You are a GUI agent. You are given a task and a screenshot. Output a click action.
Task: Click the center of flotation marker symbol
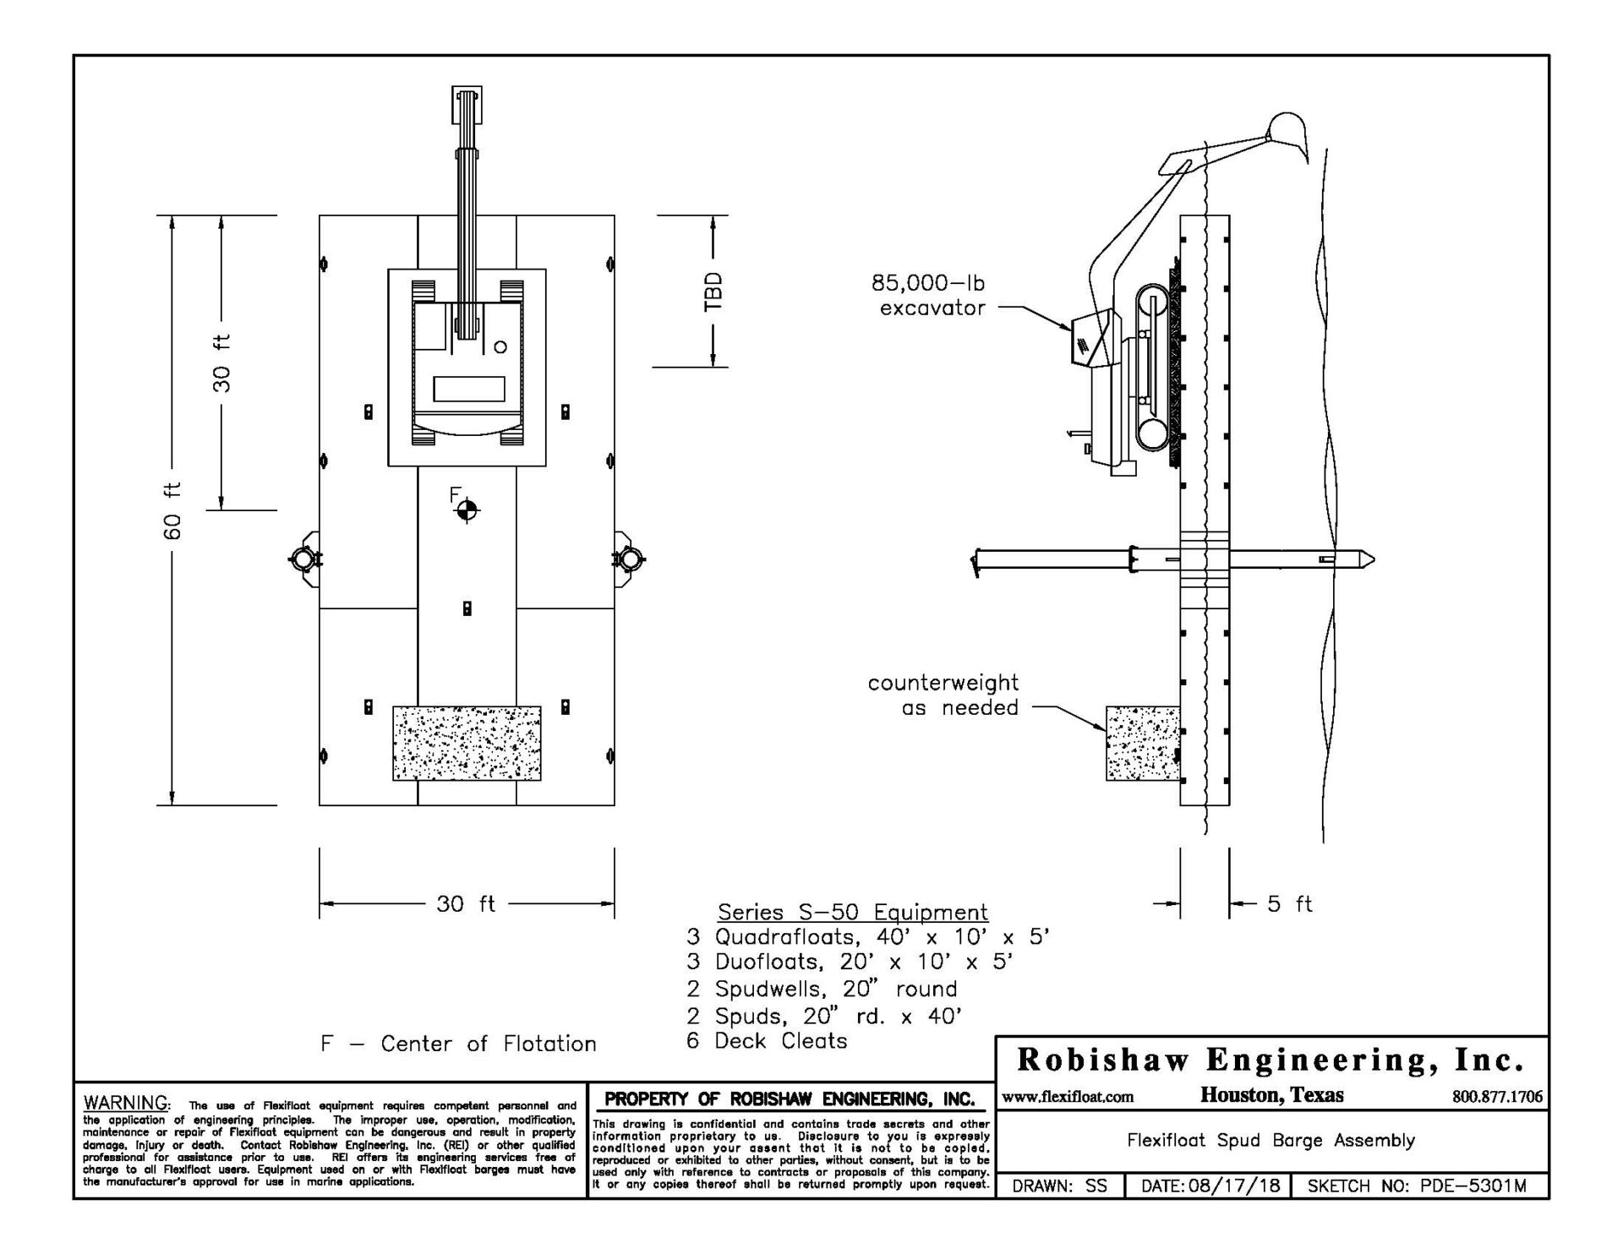[467, 510]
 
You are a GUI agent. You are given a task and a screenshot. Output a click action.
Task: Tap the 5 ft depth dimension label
[1289, 904]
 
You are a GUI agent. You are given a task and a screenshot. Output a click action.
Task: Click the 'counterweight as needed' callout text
[943, 695]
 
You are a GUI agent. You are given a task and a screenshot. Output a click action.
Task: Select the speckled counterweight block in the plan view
[467, 743]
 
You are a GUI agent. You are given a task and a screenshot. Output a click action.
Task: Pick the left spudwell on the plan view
[303, 558]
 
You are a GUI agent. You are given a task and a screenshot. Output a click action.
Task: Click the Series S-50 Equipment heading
[852, 913]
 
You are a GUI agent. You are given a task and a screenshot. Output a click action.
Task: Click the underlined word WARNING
[127, 1104]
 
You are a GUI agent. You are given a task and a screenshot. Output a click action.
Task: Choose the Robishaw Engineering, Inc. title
[1271, 1060]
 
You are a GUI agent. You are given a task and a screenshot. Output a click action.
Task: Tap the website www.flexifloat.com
[1068, 1098]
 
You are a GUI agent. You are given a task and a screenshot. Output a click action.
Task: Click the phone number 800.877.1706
[1497, 1098]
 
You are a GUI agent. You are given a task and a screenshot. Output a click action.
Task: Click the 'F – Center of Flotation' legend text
[458, 1044]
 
